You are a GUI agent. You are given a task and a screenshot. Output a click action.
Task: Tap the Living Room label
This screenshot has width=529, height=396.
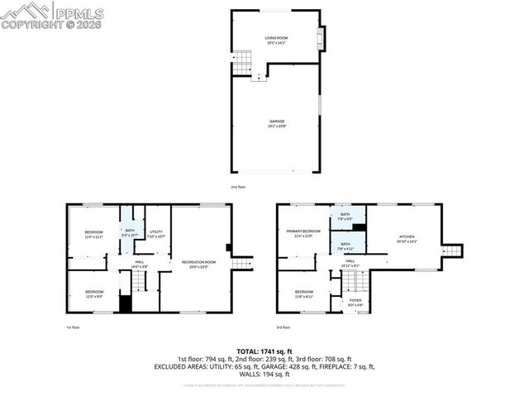[x=275, y=39]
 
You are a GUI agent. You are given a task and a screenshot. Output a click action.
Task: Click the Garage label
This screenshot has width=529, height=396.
[x=275, y=122]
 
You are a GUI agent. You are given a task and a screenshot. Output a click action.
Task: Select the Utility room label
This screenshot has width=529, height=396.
[x=156, y=233]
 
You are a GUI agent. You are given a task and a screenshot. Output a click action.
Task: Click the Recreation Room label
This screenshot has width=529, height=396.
[x=199, y=264]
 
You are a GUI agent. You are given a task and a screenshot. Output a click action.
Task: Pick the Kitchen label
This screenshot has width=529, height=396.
[x=407, y=238]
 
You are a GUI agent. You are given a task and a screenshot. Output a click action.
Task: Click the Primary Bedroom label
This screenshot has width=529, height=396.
[x=303, y=233]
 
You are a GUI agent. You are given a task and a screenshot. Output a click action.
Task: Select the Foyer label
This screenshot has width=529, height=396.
[x=355, y=302]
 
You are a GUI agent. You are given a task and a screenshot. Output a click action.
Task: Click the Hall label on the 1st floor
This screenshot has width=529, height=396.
[x=140, y=264]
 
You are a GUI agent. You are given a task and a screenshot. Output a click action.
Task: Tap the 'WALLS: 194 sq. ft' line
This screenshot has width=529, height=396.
[x=264, y=374]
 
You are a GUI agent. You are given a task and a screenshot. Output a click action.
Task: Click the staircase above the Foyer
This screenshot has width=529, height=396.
[x=353, y=284]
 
